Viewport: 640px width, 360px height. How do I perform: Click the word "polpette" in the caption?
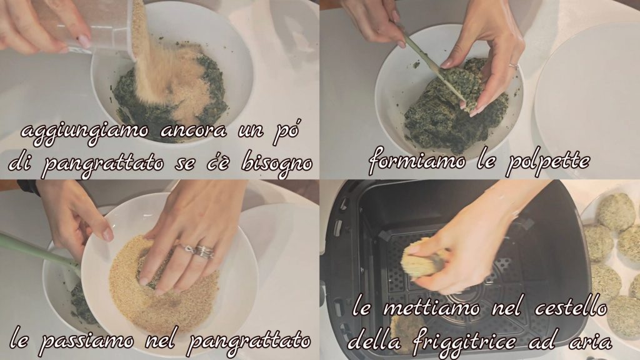pos(547,162)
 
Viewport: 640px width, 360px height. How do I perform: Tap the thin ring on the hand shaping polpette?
pos(513,66)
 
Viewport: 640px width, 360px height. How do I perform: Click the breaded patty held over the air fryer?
pos(422,258)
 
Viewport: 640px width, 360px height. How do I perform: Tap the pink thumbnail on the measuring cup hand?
pos(84,41)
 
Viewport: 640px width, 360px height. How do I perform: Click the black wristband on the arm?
pos(29,186)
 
